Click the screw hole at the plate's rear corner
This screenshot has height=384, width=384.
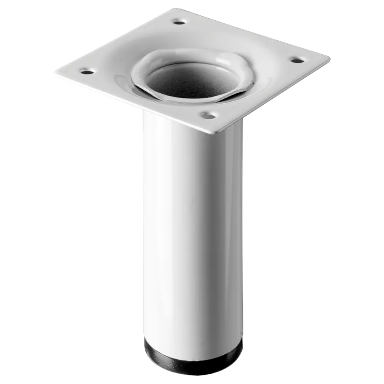click(180, 22)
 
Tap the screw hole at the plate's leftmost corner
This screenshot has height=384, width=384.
click(86, 72)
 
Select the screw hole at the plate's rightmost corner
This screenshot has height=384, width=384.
click(296, 60)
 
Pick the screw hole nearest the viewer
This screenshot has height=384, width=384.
click(207, 115)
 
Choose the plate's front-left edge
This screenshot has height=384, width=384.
click(134, 104)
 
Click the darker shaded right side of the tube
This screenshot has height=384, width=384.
click(235, 230)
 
